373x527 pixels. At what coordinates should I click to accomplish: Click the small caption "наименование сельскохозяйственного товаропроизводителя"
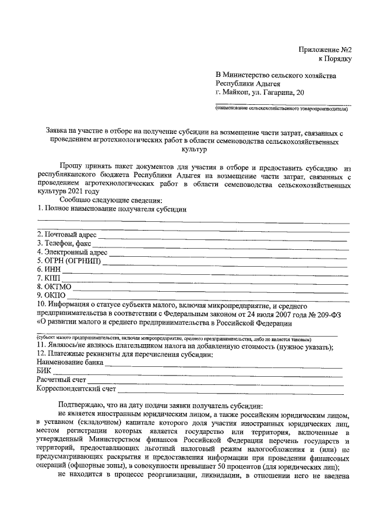click(x=284, y=108)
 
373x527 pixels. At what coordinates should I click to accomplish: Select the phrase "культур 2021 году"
click(x=68, y=191)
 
